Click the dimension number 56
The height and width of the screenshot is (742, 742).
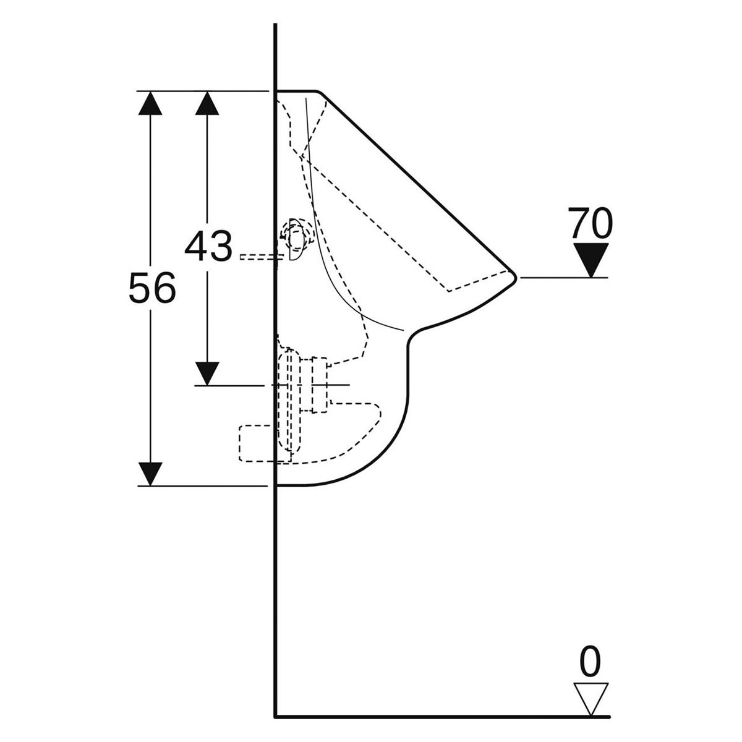click(152, 287)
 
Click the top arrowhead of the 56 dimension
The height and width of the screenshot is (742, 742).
click(150, 103)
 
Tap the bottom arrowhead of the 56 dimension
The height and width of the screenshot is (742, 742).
click(150, 474)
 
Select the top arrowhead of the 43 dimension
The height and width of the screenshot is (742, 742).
click(207, 103)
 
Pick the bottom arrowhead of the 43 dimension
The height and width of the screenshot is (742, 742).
click(207, 373)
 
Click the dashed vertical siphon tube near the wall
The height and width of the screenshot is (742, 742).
click(289, 401)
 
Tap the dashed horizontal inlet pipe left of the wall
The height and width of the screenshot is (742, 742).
click(258, 257)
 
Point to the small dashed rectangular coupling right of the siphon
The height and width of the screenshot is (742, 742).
click(319, 385)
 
